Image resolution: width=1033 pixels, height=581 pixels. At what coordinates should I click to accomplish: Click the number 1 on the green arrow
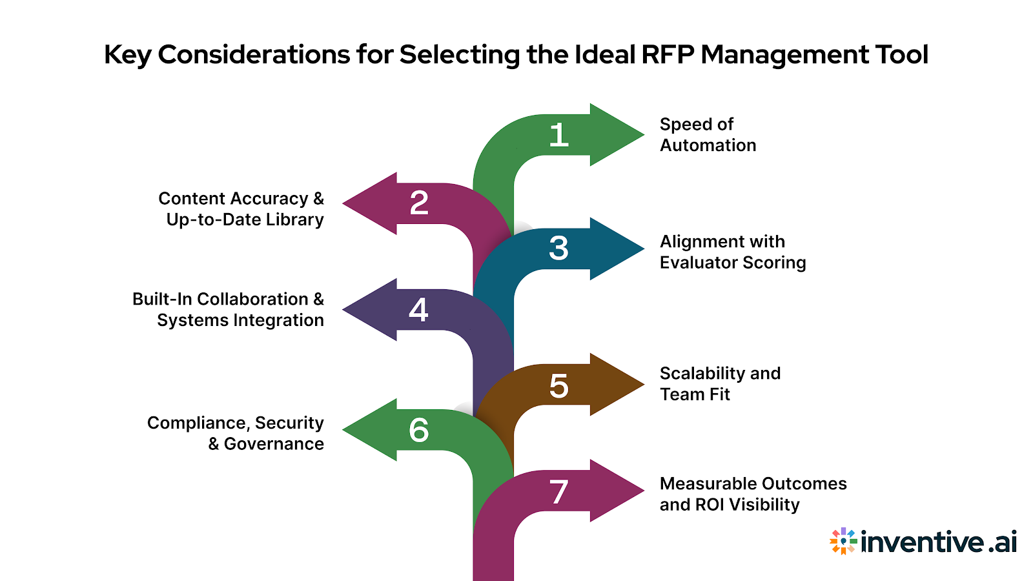(x=559, y=136)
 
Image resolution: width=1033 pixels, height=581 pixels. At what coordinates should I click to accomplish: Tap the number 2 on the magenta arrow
(x=419, y=203)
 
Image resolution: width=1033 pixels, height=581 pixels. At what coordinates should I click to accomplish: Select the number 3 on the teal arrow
(x=559, y=249)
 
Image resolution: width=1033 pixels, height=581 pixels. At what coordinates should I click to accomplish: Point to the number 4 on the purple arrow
(x=418, y=311)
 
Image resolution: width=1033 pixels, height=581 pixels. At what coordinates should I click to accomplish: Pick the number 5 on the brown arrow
(x=559, y=386)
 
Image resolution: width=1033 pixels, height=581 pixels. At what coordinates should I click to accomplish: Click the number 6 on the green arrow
(x=419, y=431)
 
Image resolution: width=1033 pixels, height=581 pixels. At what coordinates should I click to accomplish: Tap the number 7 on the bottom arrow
(x=559, y=492)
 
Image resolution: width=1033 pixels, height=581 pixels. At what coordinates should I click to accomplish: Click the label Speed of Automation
(x=708, y=134)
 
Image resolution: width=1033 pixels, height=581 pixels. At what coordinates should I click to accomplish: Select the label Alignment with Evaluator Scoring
(x=733, y=252)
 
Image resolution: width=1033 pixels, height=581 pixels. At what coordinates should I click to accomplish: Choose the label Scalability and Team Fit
(x=720, y=383)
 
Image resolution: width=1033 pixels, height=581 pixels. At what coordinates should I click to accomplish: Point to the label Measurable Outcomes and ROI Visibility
(x=753, y=494)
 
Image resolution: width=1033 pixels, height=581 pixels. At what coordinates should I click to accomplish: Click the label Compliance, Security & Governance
(x=236, y=433)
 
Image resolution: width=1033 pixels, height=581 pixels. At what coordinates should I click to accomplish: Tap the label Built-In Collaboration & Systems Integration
(x=228, y=309)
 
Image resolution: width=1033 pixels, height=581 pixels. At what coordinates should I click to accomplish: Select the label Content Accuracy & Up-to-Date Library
(x=241, y=209)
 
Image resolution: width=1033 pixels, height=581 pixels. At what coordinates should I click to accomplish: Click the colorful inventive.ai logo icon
(x=843, y=541)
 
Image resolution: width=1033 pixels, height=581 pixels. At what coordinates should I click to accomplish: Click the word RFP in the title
(x=668, y=55)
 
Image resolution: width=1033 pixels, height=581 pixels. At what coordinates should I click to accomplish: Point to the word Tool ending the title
(x=902, y=55)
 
